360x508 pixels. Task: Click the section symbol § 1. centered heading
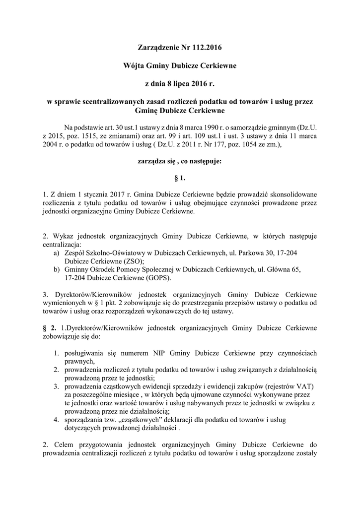[x=180, y=176]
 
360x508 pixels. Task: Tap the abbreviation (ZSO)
[x=131, y=261]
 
